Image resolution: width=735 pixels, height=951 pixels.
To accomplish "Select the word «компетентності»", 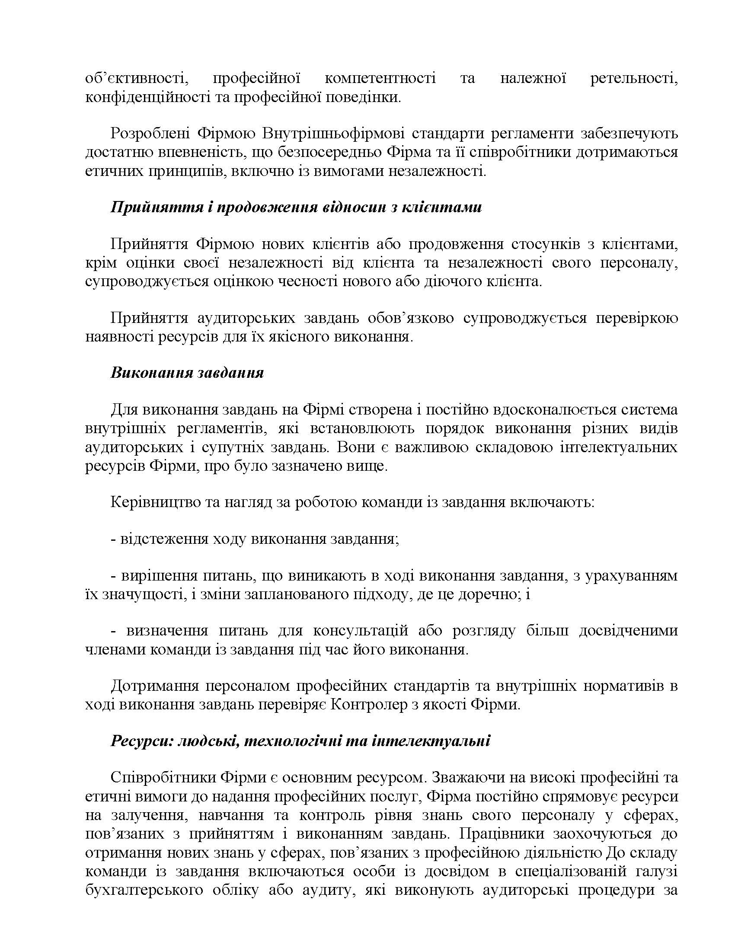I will [x=380, y=79].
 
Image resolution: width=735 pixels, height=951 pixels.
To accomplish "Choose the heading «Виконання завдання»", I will [x=187, y=373].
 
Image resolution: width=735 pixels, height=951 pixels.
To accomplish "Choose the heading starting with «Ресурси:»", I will [x=300, y=741].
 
